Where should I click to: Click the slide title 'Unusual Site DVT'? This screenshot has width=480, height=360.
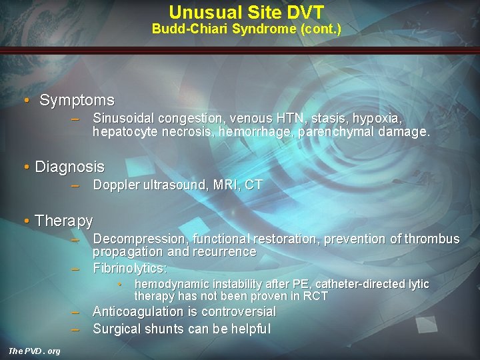pos(246,12)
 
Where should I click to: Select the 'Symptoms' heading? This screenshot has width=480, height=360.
pos(77,101)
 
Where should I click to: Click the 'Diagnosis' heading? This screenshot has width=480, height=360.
pos(69,166)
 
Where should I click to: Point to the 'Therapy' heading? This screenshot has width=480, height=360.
pos(63,220)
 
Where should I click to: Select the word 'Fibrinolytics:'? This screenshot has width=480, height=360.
pos(129,268)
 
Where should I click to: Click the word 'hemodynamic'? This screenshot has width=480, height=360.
pos(172,285)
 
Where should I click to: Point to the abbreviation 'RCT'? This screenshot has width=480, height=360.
pos(315,296)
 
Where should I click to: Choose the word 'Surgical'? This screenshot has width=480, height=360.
pos(117,329)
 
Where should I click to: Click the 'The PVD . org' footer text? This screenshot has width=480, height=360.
pos(33,351)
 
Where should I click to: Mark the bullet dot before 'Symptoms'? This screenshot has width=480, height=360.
pos(26,101)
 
